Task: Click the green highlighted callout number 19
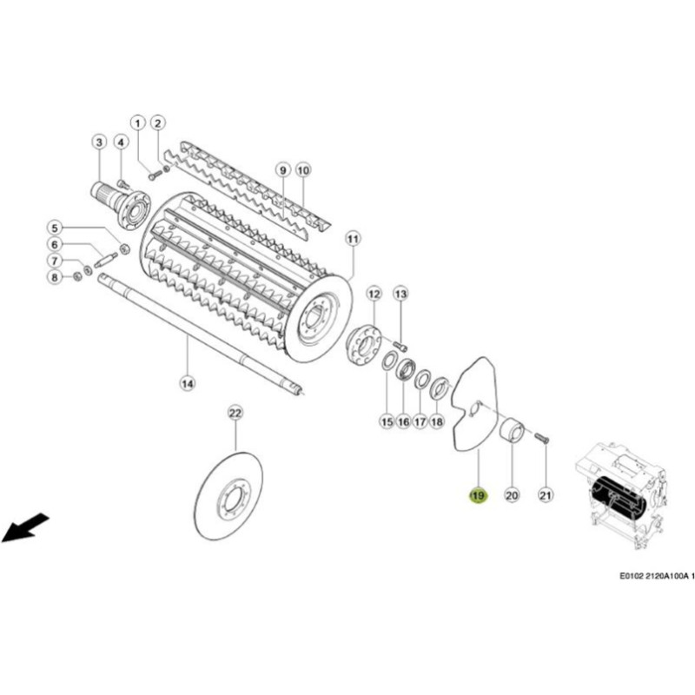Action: (479, 495)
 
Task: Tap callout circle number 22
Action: (235, 414)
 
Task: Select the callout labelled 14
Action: (188, 383)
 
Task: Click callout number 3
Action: (99, 142)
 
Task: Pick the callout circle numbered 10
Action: (302, 170)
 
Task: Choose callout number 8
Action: (55, 277)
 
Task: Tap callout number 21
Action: (546, 494)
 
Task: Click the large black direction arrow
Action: (25, 527)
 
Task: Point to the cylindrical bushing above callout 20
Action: (512, 429)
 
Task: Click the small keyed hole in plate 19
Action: (474, 408)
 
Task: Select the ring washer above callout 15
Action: (388, 361)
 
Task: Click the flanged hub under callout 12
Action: (364, 345)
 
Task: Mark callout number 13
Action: (401, 294)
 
